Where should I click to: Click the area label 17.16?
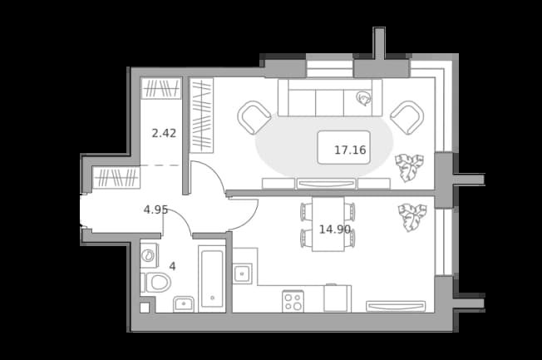click(350, 150)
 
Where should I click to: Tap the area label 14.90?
click(335, 229)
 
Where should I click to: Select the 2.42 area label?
click(164, 133)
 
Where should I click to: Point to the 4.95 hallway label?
click(155, 210)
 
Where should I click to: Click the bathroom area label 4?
click(172, 266)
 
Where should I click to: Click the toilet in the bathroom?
click(156, 283)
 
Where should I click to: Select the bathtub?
click(212, 279)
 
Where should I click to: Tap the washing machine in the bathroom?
click(150, 255)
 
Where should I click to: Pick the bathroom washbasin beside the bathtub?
click(184, 304)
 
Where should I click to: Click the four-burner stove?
click(293, 301)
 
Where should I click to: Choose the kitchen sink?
click(242, 274)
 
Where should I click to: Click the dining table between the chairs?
click(328, 224)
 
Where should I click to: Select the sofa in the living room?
click(330, 98)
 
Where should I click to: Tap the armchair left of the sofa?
click(254, 117)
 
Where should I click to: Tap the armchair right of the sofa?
click(407, 117)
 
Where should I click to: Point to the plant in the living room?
click(410, 168)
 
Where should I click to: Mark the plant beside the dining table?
click(412, 217)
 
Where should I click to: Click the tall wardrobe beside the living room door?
click(201, 116)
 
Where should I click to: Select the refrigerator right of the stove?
click(337, 298)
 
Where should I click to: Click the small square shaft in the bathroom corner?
click(145, 308)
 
